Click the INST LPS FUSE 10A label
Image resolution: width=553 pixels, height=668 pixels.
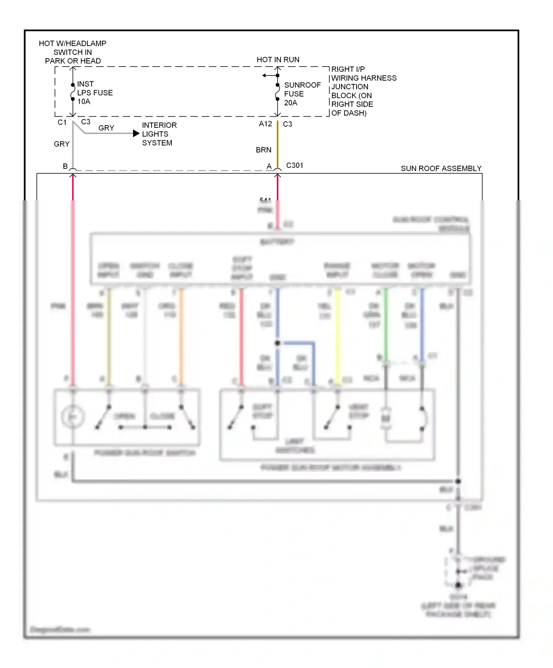point(94,93)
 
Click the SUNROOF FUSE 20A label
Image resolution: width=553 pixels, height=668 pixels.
point(302,94)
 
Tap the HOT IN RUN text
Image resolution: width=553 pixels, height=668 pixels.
point(278,60)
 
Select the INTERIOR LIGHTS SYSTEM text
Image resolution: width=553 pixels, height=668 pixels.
point(159,134)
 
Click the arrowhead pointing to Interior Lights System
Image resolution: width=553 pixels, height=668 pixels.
point(136,133)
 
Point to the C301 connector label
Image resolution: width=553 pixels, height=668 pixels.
point(295,165)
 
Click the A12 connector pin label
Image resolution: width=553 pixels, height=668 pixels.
point(265,124)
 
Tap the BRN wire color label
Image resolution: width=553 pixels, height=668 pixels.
point(263,150)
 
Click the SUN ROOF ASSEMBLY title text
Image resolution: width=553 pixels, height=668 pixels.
point(441,169)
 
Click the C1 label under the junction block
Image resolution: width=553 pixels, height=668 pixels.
point(62,122)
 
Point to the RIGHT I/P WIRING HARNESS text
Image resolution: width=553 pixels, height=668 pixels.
point(363,74)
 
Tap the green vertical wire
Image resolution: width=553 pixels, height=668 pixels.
point(386,324)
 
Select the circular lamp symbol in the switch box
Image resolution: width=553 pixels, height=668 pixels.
point(73,417)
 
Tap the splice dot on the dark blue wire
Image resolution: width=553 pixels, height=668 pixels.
point(277,343)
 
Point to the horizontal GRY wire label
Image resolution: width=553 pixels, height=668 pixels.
point(106,128)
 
